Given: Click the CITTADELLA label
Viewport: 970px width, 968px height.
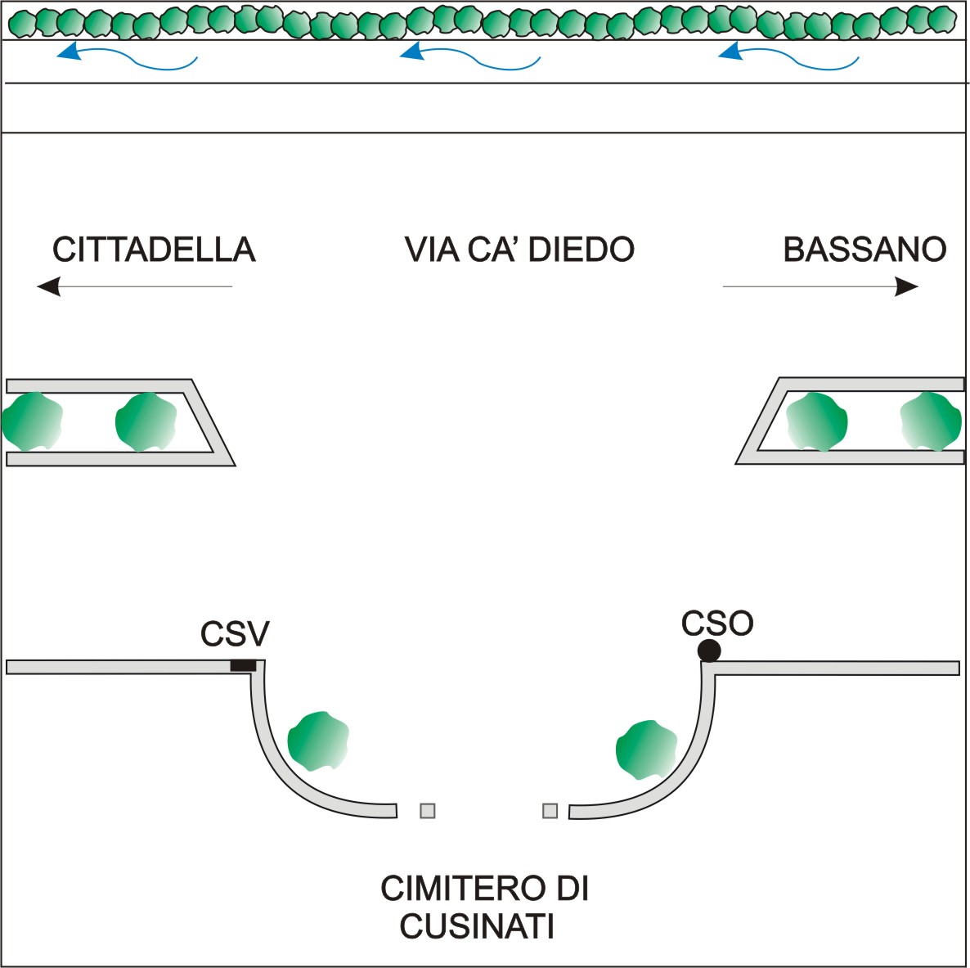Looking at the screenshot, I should [154, 250].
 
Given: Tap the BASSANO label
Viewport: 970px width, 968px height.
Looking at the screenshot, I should [864, 250].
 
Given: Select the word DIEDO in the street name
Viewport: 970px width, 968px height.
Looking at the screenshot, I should [582, 250].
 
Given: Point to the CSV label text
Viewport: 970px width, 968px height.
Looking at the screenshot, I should [235, 634].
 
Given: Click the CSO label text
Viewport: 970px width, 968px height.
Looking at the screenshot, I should [717, 624].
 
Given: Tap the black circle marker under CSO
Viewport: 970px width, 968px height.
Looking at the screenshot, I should [709, 651].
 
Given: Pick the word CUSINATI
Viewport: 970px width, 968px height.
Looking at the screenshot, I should [477, 927].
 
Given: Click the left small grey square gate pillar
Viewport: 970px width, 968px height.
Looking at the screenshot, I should [427, 811].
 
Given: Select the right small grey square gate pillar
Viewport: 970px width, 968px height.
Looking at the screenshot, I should [550, 811].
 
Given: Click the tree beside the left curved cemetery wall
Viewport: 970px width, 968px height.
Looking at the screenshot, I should [317, 741].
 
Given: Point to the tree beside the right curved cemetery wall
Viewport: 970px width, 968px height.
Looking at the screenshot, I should [646, 750].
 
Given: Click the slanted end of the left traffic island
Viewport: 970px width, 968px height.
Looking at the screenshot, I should [214, 422].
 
